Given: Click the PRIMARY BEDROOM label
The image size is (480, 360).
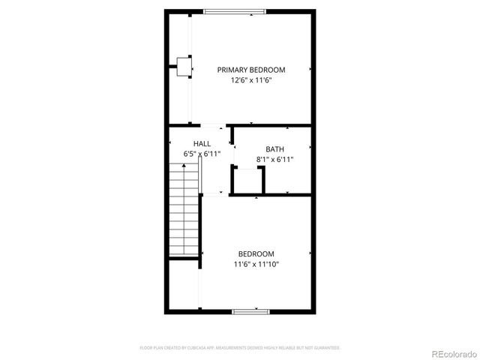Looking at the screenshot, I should (251, 70).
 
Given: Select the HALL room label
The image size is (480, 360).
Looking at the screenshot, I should (202, 143).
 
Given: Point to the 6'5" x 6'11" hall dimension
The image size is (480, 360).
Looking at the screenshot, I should (202, 154).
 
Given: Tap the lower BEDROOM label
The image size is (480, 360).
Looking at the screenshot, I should (256, 253).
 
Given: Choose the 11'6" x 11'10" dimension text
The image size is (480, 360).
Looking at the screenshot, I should (256, 264).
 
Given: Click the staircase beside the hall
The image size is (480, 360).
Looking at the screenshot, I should (184, 214).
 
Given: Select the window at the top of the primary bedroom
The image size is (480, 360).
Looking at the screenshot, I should (235, 10).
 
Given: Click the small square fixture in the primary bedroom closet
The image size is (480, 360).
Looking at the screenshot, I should (183, 67).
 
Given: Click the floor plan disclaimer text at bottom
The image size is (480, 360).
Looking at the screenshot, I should (240, 348).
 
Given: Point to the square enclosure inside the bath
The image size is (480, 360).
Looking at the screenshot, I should (248, 181).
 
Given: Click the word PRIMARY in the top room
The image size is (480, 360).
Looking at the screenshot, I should (232, 70).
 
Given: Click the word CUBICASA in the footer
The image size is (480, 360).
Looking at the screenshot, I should (199, 348).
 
